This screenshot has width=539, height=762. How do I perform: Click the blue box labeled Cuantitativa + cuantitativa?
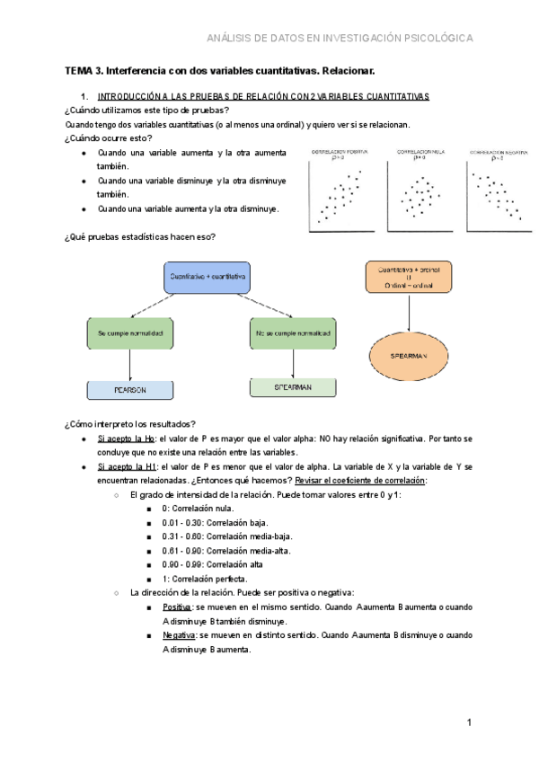tap(208, 277)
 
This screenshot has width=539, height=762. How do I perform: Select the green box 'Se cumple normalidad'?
tap(129, 334)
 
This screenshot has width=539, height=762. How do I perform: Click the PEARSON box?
tap(129, 390)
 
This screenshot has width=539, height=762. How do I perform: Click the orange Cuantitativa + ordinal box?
tap(410, 277)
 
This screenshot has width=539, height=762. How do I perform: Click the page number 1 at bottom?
tap(469, 723)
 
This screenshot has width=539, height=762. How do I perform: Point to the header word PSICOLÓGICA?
tap(440, 38)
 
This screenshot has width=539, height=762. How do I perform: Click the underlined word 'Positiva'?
tap(177, 607)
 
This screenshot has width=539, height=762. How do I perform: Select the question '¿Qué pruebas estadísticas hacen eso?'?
tap(140, 236)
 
